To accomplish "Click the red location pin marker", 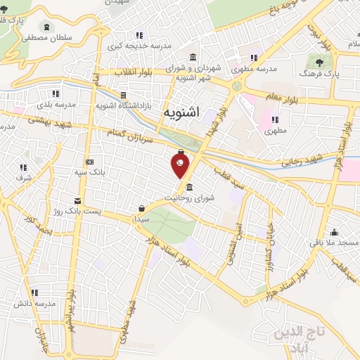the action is [x=181, y=165].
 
